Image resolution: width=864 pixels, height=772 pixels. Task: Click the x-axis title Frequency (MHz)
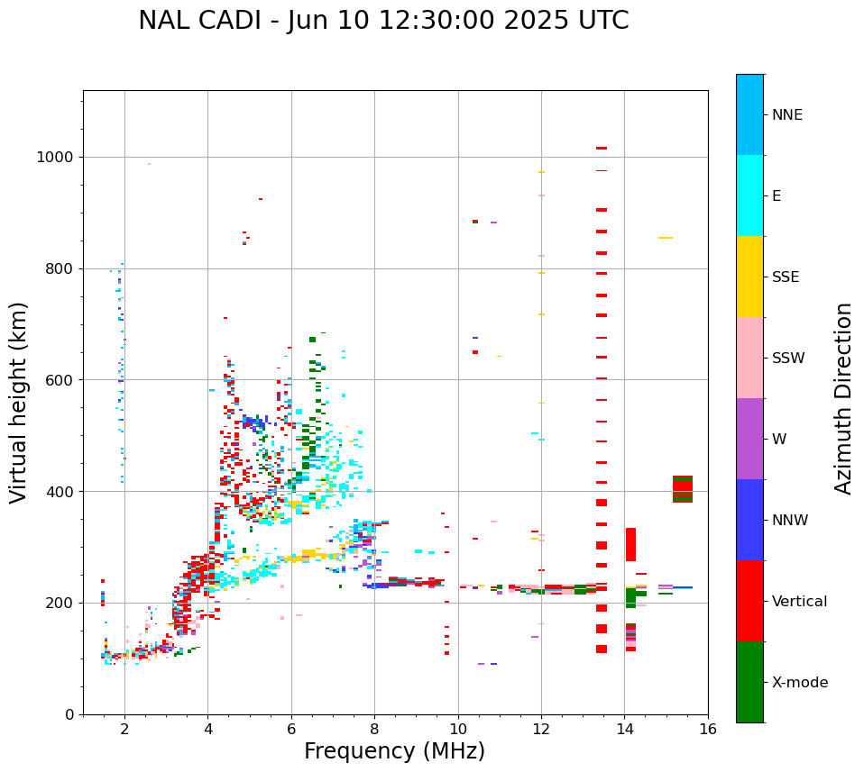click(394, 751)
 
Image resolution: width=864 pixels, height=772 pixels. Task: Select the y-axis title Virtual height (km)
click(19, 402)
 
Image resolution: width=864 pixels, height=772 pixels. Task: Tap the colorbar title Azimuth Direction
click(843, 398)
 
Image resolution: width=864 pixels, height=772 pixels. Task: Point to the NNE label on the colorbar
click(786, 115)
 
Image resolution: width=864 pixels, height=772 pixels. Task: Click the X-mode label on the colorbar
click(799, 683)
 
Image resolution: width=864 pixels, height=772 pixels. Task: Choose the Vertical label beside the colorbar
click(799, 602)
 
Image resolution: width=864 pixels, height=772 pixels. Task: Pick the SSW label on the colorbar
click(788, 359)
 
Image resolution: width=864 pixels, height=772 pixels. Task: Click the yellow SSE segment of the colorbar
click(749, 276)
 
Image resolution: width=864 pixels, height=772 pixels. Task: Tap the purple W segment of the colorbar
click(749, 439)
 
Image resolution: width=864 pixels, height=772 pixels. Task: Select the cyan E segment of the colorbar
click(749, 195)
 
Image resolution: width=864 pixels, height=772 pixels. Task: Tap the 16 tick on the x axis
click(708, 729)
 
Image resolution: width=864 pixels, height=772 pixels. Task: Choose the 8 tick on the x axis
click(374, 729)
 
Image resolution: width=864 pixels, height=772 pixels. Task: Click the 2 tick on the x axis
click(124, 729)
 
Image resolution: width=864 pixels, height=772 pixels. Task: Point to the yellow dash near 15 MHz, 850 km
click(665, 238)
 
